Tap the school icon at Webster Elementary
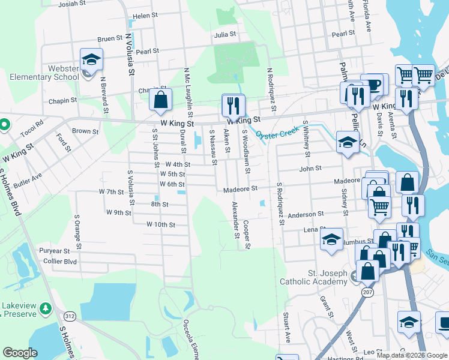(x=91, y=60)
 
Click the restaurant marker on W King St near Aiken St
(x=233, y=106)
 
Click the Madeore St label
(x=240, y=188)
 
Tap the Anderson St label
(x=306, y=214)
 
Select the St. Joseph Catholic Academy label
(x=313, y=277)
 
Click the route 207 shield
(x=367, y=291)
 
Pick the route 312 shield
(x=70, y=316)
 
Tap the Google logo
(x=20, y=352)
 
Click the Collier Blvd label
(x=62, y=262)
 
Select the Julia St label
(x=225, y=35)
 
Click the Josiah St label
(x=73, y=4)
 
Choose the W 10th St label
(x=160, y=224)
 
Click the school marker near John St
(x=347, y=142)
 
